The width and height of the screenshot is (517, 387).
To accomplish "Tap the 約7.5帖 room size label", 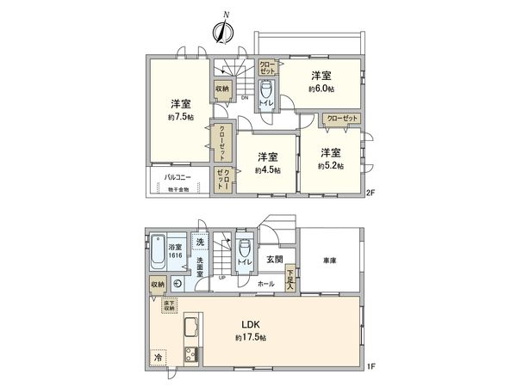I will click(x=179, y=117).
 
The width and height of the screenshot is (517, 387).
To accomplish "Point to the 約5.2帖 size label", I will click(x=330, y=165).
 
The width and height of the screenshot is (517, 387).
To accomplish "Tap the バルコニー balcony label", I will click(x=178, y=177).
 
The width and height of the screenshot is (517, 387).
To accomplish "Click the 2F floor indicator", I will click(x=371, y=192).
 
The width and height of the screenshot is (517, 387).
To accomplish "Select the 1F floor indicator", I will click(x=371, y=368).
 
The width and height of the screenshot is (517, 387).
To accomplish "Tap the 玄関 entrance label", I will click(x=274, y=259).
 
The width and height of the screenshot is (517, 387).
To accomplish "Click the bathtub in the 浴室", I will click(x=159, y=254).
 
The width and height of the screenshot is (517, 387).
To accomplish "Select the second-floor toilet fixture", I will click(x=266, y=92).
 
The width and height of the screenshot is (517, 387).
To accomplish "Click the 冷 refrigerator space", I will click(x=159, y=356).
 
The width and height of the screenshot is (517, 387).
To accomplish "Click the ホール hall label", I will click(x=266, y=283).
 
